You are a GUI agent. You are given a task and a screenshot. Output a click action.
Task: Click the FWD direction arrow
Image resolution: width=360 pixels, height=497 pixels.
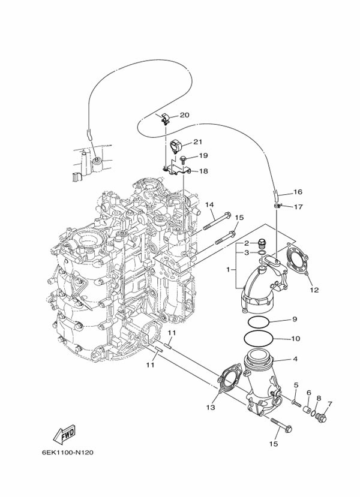[64, 433]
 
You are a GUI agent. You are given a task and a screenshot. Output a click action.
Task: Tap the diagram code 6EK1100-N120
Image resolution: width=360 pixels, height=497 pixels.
[68, 452]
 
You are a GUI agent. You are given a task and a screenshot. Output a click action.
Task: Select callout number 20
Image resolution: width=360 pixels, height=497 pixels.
[184, 115]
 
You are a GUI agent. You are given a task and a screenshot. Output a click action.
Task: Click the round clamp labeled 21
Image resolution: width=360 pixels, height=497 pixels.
[175, 146]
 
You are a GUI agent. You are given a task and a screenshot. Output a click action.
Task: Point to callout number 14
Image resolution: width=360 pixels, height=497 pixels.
[209, 205]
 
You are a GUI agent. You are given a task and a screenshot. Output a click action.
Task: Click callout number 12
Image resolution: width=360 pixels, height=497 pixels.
[314, 290]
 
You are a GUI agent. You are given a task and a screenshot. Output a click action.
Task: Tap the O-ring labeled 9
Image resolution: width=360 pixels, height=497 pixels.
[259, 321]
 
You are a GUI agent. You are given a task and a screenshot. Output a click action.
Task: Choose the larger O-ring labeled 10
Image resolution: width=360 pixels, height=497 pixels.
[258, 339]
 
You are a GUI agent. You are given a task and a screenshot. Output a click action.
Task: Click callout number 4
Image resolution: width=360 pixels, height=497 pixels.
[295, 359]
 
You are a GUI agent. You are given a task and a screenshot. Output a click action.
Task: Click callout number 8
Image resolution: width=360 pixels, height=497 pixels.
[319, 398]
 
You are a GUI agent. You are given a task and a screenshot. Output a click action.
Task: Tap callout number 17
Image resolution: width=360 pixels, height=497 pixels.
[298, 207]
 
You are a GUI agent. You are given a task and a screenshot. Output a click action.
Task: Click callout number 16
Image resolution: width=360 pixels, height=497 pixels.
[298, 192]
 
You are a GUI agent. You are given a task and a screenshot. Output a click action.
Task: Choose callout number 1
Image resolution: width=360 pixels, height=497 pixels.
[228, 269]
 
